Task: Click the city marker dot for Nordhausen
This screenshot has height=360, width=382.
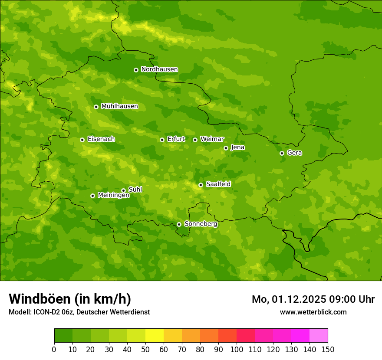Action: click(136, 70)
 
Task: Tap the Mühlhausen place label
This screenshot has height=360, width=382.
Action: click(119, 106)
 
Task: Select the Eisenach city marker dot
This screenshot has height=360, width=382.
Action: click(82, 140)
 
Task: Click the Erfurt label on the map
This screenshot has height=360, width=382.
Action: click(176, 139)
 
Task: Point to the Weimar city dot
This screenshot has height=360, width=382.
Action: click(195, 140)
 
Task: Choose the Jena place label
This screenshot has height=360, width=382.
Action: click(237, 147)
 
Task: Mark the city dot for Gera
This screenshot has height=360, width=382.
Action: click(282, 153)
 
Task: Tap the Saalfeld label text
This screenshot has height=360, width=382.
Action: click(218, 184)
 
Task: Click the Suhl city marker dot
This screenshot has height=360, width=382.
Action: click(123, 190)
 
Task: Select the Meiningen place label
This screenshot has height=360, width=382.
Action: click(113, 196)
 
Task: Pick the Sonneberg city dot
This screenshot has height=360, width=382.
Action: click(179, 224)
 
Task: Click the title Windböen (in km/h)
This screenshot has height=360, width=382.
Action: click(70, 299)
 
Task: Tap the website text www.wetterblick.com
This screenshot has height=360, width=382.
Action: click(313, 312)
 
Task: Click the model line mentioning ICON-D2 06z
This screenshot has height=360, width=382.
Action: click(79, 312)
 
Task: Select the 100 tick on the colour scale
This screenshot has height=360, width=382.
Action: click(237, 349)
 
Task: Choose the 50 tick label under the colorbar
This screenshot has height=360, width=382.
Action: click(145, 349)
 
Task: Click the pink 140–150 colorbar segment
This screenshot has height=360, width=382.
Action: click(318, 336)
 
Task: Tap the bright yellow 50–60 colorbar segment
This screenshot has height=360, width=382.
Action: click(155, 336)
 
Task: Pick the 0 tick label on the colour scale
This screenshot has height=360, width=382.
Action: click(54, 349)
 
